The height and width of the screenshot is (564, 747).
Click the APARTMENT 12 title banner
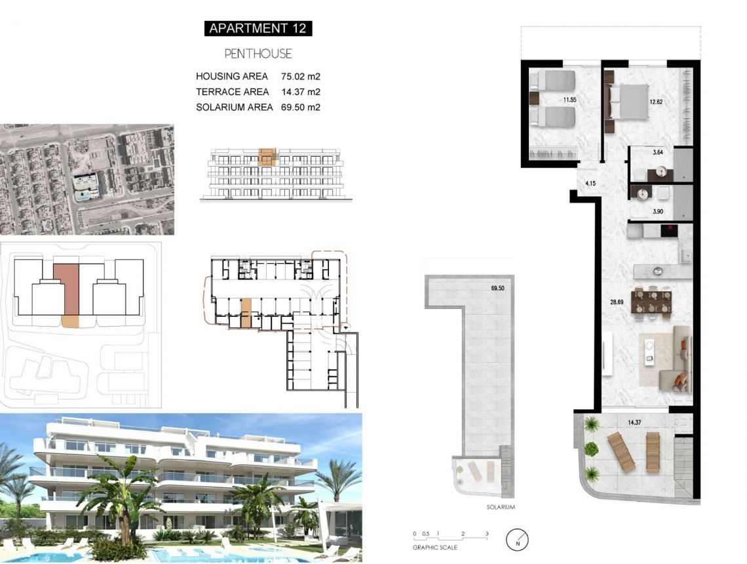(x=258, y=28)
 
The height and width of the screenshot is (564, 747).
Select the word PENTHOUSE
(x=258, y=54)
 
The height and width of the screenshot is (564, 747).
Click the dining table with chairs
(x=651, y=302)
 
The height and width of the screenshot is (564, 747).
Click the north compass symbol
(x=518, y=540)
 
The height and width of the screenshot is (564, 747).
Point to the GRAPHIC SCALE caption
(x=434, y=547)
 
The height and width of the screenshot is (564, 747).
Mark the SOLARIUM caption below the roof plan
(x=482, y=508)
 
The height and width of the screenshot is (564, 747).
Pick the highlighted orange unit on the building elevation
(x=267, y=157)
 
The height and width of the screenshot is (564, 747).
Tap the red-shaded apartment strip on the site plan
(x=66, y=289)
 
